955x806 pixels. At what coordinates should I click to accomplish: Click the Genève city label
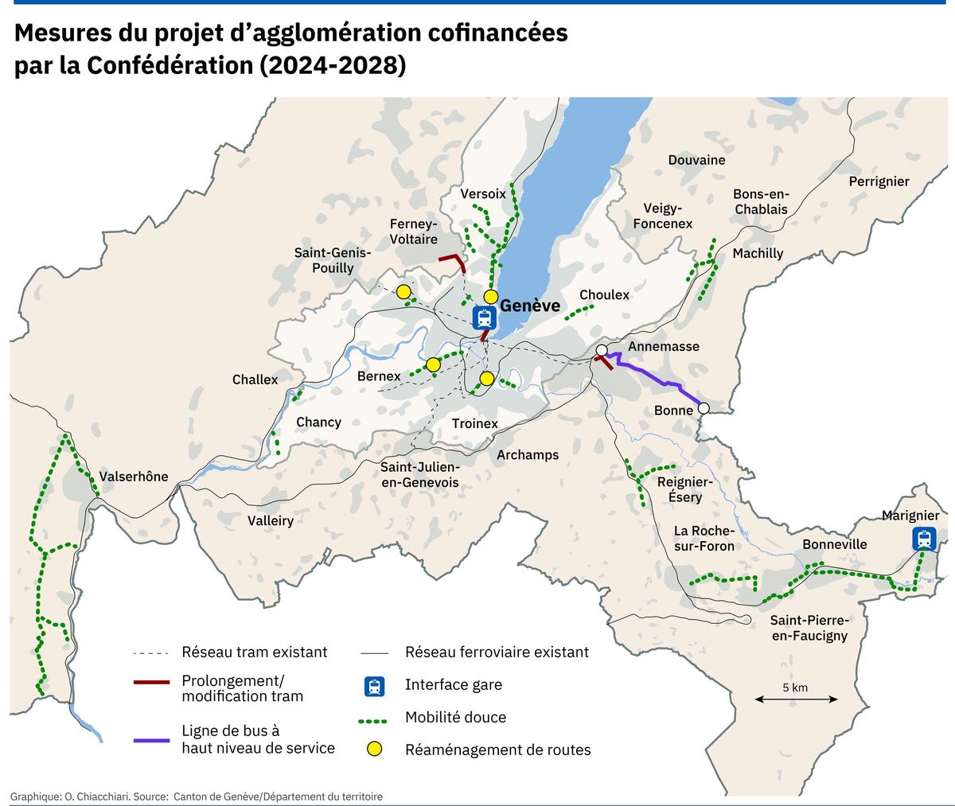(529, 306)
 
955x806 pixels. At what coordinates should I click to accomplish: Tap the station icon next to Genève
(484, 317)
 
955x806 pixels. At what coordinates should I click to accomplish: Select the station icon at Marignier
(923, 539)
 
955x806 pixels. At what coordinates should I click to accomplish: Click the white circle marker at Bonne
(704, 408)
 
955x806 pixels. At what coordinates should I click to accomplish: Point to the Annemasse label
(663, 346)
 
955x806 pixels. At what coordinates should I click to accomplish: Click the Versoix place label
(482, 193)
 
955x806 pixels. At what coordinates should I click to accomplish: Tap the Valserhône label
(134, 477)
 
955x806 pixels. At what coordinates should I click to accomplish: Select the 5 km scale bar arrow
(796, 699)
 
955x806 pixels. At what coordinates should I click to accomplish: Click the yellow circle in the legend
(375, 749)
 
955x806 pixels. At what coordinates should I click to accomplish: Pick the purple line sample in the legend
(151, 740)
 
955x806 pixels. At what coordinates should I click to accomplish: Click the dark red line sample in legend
(151, 682)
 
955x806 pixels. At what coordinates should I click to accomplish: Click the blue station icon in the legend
(375, 685)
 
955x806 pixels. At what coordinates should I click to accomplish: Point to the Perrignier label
(879, 181)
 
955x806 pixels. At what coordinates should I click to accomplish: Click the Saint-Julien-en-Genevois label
(419, 475)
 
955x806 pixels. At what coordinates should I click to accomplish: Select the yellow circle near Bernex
(433, 364)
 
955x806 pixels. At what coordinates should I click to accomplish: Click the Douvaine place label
(696, 160)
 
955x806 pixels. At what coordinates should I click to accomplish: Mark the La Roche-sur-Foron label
(704, 538)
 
